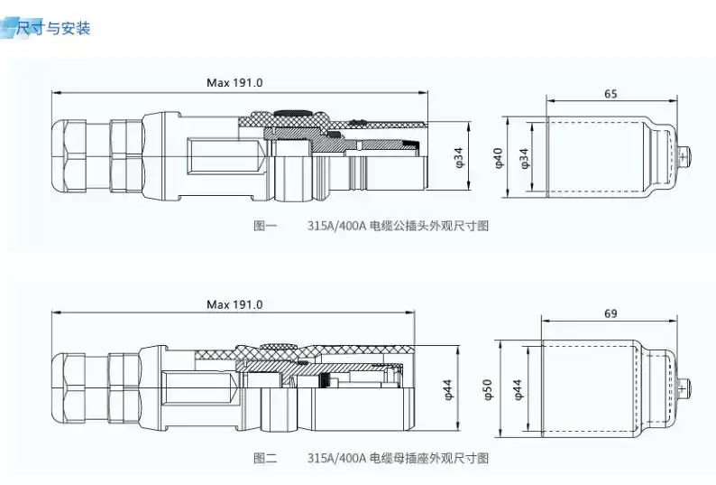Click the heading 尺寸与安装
[53, 28]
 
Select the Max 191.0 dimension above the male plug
[234, 83]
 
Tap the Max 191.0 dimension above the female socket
[234, 304]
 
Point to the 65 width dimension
[610, 94]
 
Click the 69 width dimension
[610, 313]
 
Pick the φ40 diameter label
[498, 157]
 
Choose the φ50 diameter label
[488, 390]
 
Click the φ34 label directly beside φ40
[525, 158]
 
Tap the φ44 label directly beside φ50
[519, 389]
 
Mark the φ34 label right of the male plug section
[459, 157]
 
